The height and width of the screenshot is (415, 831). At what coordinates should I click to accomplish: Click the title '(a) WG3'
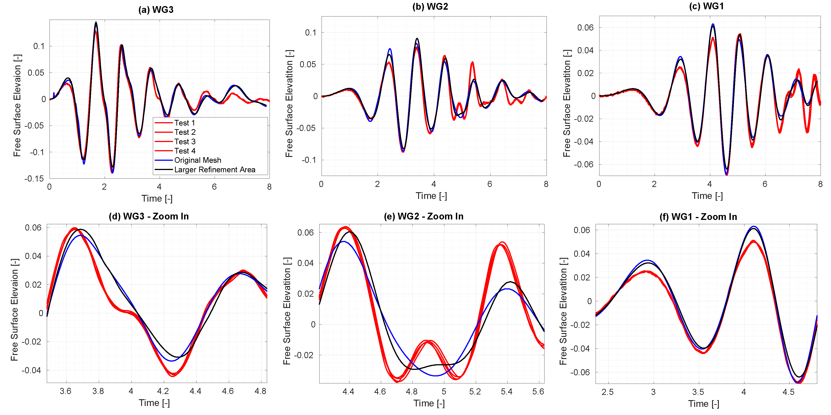156,10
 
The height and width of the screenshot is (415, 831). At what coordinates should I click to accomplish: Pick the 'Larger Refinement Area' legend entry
215,170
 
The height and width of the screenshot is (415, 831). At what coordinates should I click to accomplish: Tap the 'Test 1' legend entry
185,123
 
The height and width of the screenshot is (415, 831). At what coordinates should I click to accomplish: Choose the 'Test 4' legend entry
185,151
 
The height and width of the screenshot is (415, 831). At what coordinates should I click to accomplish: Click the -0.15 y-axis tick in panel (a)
34,179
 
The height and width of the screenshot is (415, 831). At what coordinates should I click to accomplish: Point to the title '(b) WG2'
430,7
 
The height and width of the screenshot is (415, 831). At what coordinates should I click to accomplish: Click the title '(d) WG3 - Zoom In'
149,216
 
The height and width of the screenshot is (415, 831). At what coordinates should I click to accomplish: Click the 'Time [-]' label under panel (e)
429,403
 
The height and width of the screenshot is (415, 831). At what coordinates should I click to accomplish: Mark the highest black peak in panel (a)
96,22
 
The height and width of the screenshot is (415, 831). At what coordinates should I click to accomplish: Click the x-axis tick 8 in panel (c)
820,184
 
